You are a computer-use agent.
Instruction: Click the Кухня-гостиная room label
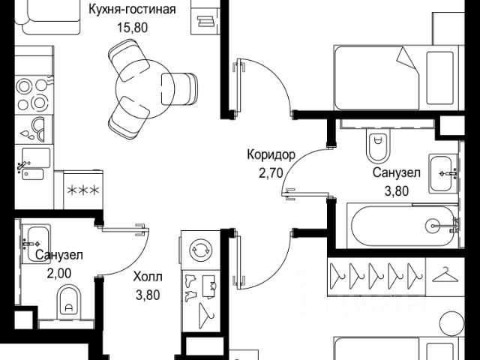(132, 9)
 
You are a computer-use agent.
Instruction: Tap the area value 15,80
(133, 28)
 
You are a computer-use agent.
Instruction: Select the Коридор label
(271, 154)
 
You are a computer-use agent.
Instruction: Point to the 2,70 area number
(271, 173)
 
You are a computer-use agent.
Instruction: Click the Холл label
(148, 277)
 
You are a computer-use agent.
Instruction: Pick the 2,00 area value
(59, 273)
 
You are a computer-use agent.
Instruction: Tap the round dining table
(145, 88)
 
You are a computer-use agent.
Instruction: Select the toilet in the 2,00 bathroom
(69, 301)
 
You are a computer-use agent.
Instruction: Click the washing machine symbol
(200, 250)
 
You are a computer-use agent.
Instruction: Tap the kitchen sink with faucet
(33, 164)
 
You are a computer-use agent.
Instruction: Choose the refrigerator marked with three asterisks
(83, 190)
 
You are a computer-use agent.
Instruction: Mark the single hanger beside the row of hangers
(445, 275)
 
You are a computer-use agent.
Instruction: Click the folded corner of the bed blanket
(407, 58)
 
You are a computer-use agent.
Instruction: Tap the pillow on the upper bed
(440, 78)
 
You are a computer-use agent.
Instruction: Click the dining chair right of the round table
(180, 88)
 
